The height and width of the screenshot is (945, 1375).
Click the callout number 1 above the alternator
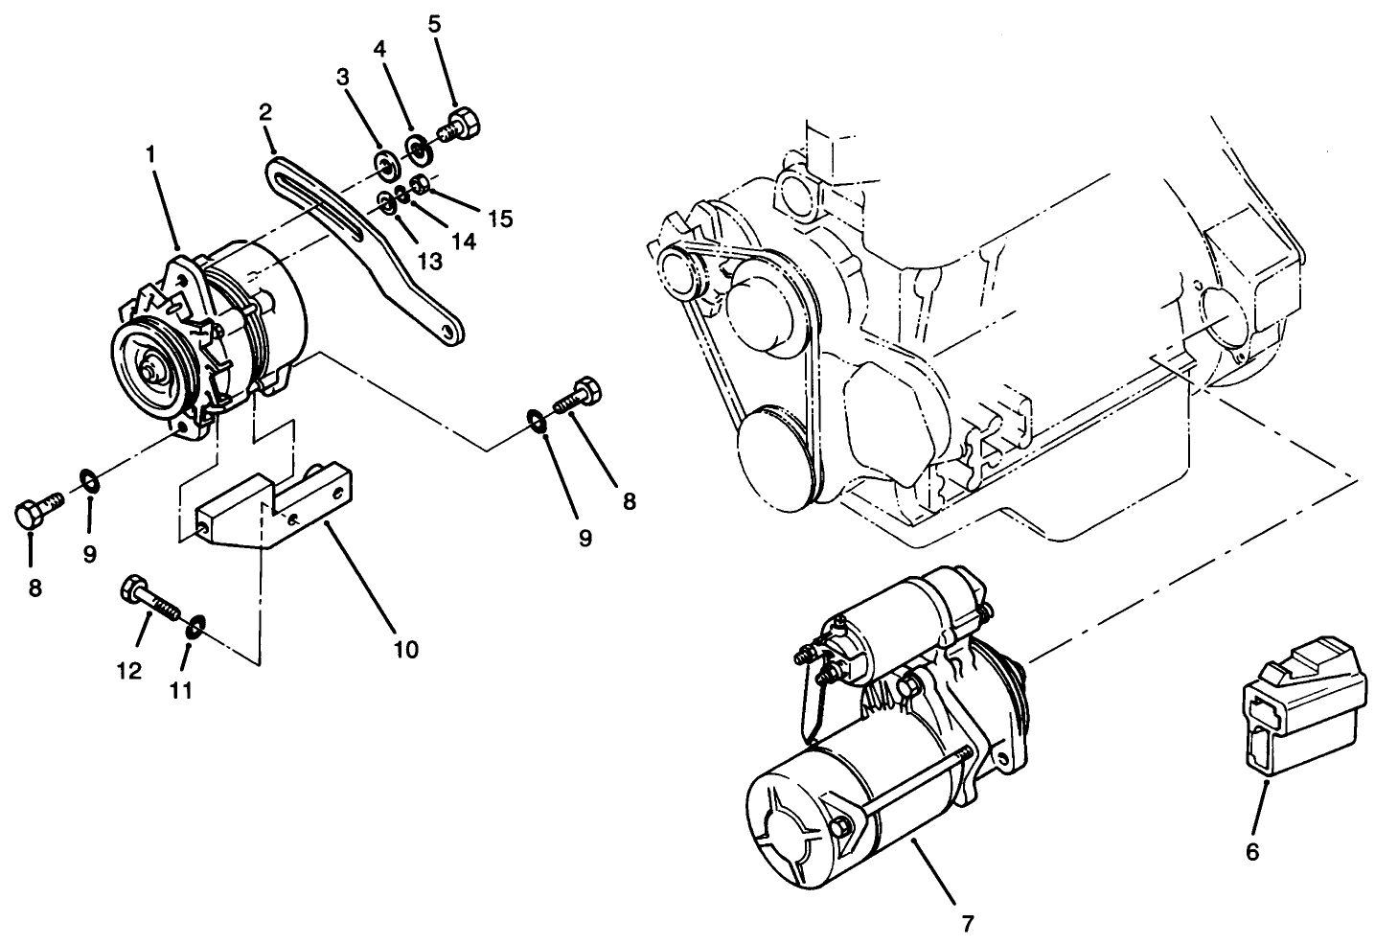tap(149, 153)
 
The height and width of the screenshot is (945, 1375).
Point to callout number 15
tap(498, 219)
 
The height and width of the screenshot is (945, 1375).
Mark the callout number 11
tap(181, 689)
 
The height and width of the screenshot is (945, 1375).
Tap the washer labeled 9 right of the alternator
tap(536, 420)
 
